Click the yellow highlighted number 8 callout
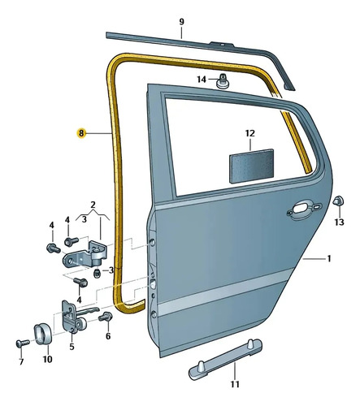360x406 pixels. pos(81,133)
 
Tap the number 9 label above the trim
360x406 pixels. pos(181,22)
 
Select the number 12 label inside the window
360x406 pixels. pos(250,133)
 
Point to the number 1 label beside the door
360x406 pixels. pos(329,259)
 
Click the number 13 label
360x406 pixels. pos(339,222)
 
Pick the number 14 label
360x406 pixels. pos(202,80)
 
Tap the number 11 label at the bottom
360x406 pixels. pos(235,384)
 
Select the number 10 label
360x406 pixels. pos(48,359)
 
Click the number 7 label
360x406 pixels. pos(21,361)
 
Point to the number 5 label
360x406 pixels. pos(72,347)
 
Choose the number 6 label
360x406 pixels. pos(108,336)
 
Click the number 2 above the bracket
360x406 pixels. pos(93,205)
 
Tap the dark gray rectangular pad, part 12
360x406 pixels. pos(251,166)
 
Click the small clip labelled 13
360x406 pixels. pos(338,201)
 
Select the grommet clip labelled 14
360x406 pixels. pos(223,81)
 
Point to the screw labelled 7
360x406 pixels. pos(23,343)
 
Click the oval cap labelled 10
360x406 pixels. pos(43,334)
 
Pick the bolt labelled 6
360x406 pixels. pos(106,316)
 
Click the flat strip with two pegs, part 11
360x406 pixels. pos(225,359)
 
